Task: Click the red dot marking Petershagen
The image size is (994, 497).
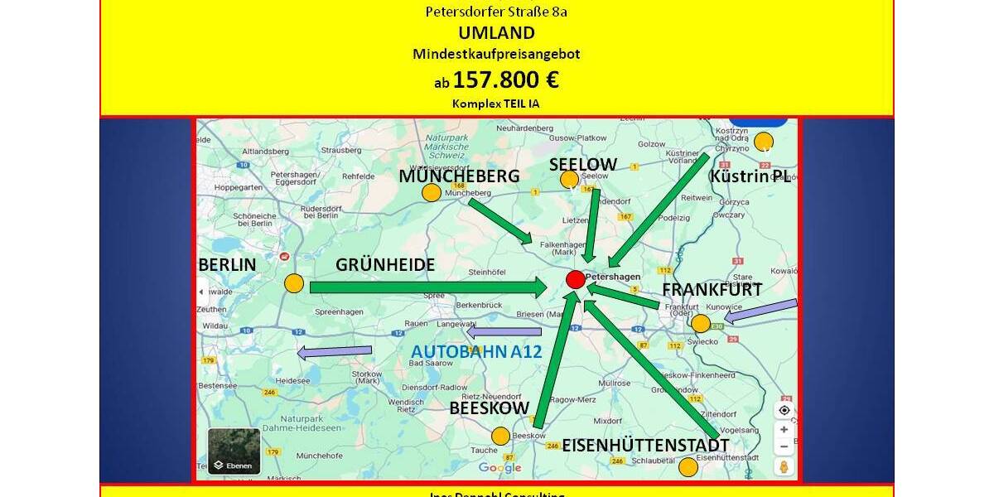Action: pyautogui.click(x=575, y=279)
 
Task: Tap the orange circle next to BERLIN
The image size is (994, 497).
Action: pyautogui.click(x=294, y=283)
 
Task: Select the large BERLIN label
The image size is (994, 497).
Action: pyautogui.click(x=228, y=264)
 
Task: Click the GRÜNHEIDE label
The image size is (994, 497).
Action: pyautogui.click(x=385, y=264)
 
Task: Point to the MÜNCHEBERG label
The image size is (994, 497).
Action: pyautogui.click(x=459, y=176)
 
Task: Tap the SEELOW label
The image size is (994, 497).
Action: pyautogui.click(x=583, y=164)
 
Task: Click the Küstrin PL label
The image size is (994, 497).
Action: pyautogui.click(x=750, y=176)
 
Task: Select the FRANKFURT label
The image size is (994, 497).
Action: pyautogui.click(x=712, y=289)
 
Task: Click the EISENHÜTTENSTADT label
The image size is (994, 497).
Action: pyautogui.click(x=646, y=446)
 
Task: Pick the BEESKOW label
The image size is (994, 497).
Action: pyautogui.click(x=489, y=408)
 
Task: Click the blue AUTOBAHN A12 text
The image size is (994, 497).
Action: pyautogui.click(x=476, y=351)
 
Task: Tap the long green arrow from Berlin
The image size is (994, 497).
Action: pyautogui.click(x=427, y=287)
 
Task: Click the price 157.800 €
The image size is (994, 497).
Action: pyautogui.click(x=505, y=80)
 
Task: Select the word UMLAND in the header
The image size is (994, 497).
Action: pyautogui.click(x=496, y=33)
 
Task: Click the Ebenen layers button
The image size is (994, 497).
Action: pyautogui.click(x=234, y=451)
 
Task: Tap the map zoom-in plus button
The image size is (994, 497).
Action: pyautogui.click(x=784, y=429)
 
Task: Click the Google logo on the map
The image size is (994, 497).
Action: pyautogui.click(x=499, y=468)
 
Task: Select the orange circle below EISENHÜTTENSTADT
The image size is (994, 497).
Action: pyautogui.click(x=688, y=467)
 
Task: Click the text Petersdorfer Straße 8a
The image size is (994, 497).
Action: pyautogui.click(x=496, y=12)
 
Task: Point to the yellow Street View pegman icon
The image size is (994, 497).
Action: pyautogui.click(x=784, y=467)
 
